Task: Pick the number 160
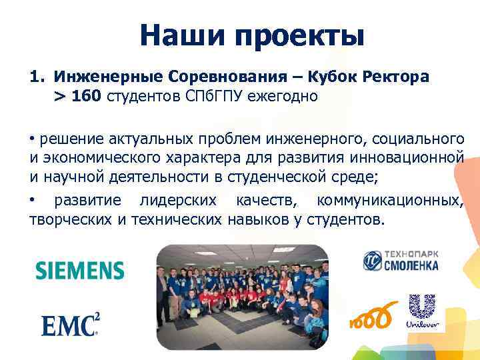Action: (x=87, y=97)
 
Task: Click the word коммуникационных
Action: (x=389, y=201)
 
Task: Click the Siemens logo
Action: (x=79, y=270)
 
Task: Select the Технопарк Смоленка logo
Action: (x=401, y=261)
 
